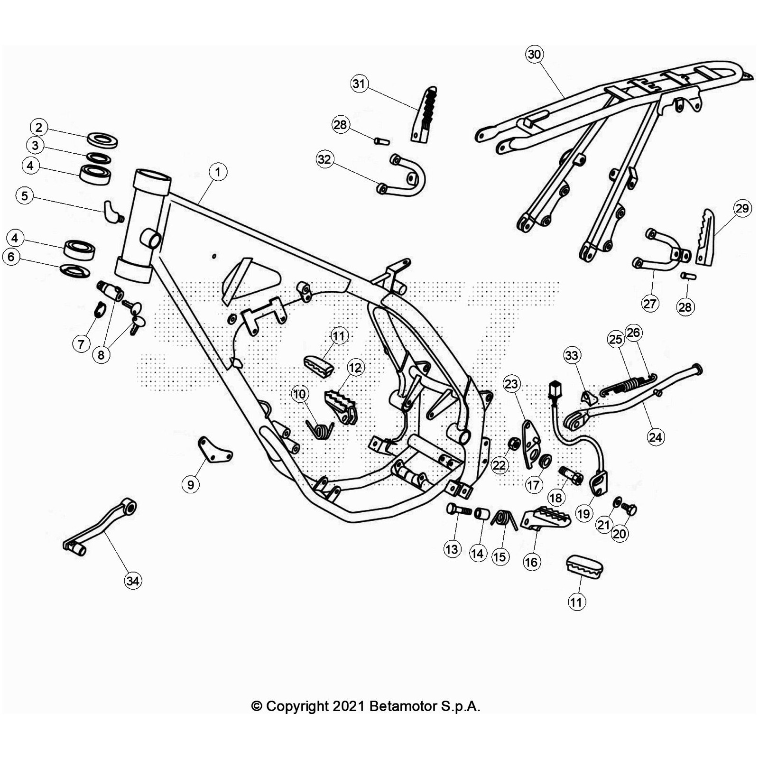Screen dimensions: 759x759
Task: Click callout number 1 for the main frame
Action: (218, 172)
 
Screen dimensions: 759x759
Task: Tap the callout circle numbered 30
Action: (534, 54)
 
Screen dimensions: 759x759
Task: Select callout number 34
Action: (133, 581)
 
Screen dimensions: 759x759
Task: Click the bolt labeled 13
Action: (458, 510)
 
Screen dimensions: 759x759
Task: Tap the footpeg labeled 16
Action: (546, 518)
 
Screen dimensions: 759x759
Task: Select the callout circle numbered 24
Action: (656, 437)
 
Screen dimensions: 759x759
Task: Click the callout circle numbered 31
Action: (359, 84)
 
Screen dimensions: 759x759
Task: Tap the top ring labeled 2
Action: (102, 140)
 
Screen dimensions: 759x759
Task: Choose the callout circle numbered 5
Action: (25, 195)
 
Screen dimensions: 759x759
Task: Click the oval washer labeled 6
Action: (75, 271)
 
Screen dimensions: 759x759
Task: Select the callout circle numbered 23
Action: (511, 384)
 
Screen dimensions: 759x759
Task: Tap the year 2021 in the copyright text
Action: (348, 706)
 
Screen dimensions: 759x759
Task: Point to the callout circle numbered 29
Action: (742, 208)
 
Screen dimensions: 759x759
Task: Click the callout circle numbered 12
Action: (355, 367)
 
